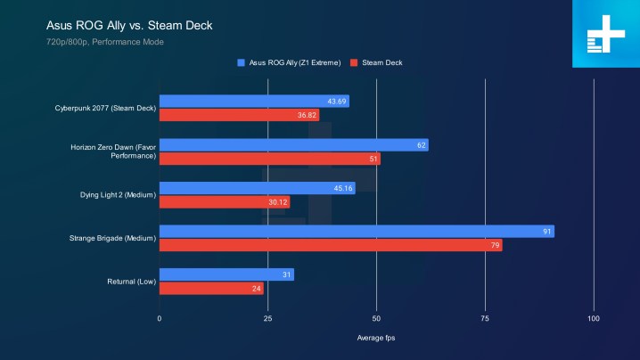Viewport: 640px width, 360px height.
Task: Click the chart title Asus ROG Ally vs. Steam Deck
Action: pos(128,25)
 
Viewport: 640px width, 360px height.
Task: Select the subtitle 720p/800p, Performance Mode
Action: pos(105,42)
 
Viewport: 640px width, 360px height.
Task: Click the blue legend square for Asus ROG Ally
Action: pos(241,63)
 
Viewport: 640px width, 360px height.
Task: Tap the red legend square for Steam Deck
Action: pos(354,63)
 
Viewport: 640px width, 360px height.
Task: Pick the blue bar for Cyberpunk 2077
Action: pos(254,102)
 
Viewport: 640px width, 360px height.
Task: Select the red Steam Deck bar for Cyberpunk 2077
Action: pos(239,115)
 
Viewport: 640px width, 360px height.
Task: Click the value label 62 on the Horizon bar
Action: pos(421,145)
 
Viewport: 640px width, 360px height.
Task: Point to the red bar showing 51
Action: pos(269,159)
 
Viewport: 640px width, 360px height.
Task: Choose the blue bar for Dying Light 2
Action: pos(257,188)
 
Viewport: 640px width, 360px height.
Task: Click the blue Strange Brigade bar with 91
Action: pos(357,232)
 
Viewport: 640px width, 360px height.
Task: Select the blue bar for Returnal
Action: pos(226,274)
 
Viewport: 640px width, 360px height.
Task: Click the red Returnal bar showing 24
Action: pos(211,289)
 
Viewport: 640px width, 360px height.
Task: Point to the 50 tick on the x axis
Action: pos(376,318)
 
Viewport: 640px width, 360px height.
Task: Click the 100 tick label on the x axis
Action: pos(594,318)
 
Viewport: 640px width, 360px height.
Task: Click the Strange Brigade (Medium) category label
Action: pos(112,238)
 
